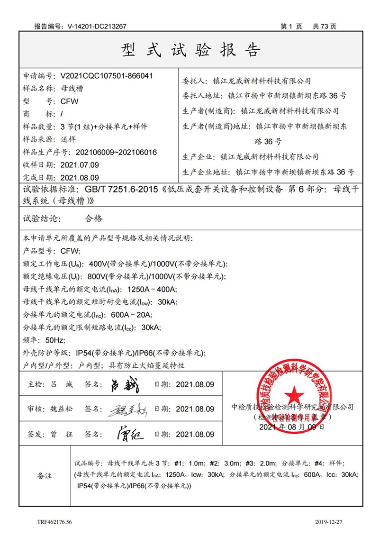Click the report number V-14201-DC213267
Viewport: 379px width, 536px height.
point(97,27)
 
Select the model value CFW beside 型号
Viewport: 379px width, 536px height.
point(70,101)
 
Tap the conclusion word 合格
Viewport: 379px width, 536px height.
point(93,219)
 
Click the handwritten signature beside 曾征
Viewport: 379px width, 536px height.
point(129,433)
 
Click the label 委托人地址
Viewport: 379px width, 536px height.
point(202,96)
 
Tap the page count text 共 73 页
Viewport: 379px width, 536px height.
point(325,27)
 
